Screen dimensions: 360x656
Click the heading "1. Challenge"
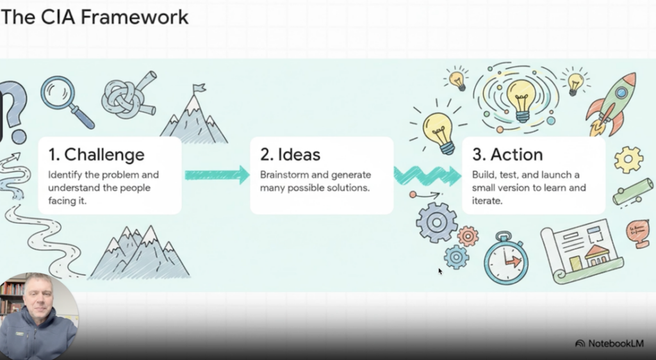(x=96, y=154)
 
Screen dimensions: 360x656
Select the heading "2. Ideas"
(x=290, y=154)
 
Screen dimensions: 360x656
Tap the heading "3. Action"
(x=507, y=154)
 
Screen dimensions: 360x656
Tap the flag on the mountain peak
(x=199, y=88)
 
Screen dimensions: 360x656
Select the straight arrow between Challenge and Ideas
(x=216, y=174)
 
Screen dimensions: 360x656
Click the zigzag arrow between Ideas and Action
(x=427, y=174)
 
